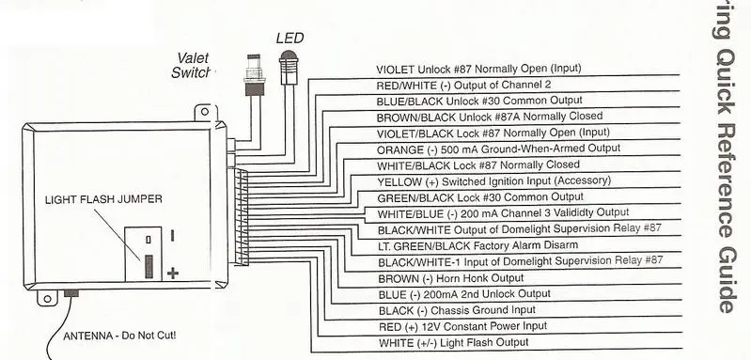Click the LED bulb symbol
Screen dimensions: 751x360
click(289, 66)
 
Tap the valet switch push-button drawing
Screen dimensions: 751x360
click(254, 75)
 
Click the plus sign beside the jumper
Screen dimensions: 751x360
click(173, 274)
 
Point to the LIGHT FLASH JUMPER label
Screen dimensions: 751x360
click(103, 199)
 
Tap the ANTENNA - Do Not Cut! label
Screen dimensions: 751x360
click(119, 336)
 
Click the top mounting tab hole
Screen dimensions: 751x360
click(205, 112)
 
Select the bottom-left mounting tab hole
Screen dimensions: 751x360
click(47, 299)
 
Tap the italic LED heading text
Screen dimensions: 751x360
click(289, 39)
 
